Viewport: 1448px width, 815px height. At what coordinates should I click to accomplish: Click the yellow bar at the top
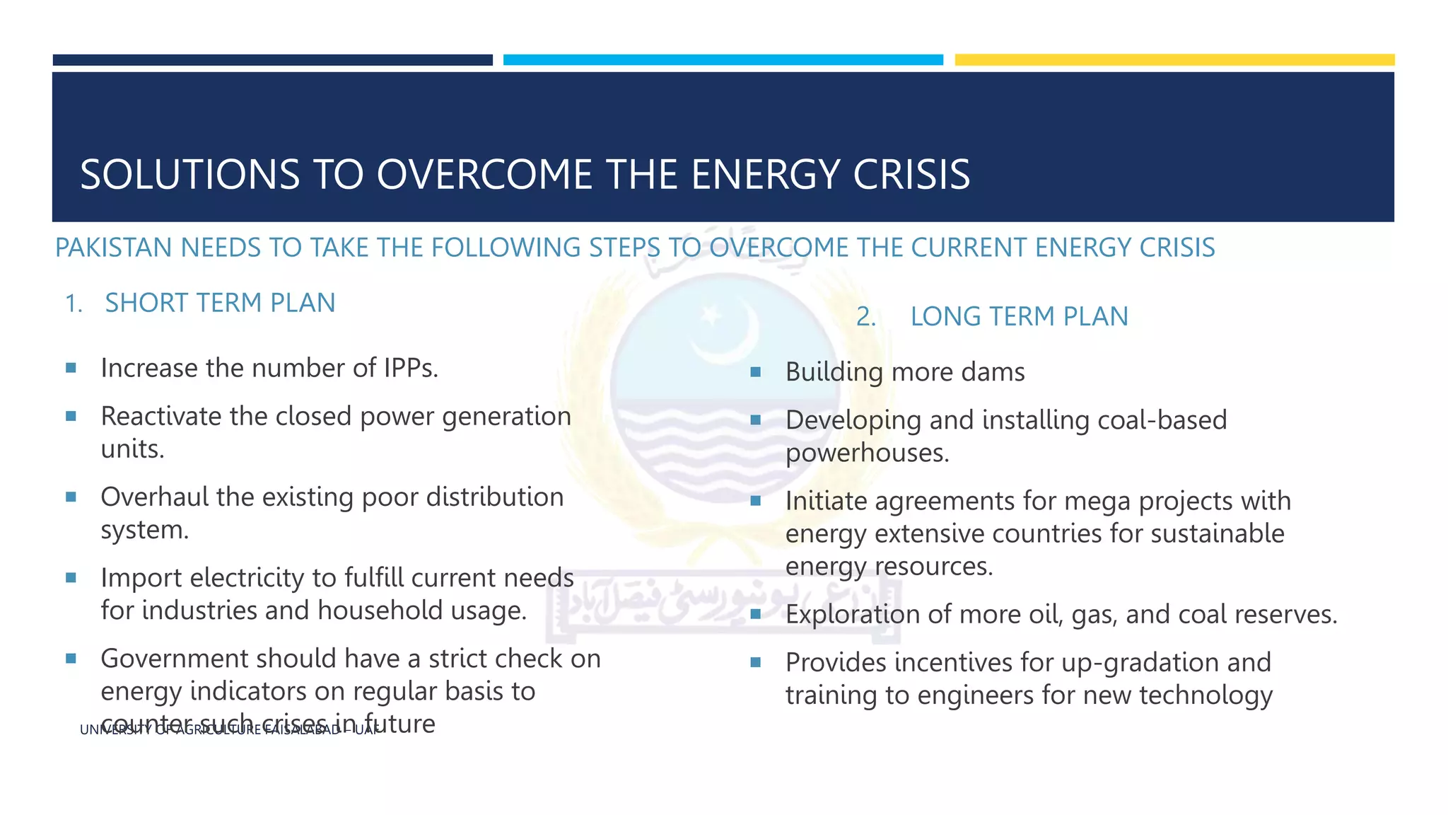(x=1174, y=60)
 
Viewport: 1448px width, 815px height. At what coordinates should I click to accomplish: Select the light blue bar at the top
(x=723, y=60)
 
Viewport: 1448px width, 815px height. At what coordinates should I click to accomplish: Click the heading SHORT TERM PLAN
(x=220, y=304)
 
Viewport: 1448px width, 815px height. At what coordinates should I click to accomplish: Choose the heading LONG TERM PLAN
(x=1019, y=317)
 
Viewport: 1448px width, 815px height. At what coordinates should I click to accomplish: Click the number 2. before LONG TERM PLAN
(x=865, y=317)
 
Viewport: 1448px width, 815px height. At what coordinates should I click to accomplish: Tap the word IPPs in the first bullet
(x=411, y=369)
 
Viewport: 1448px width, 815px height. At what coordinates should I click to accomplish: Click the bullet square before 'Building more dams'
(x=755, y=372)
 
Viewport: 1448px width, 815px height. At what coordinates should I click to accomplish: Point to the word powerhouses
(x=867, y=453)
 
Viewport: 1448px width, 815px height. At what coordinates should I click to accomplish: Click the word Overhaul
(x=154, y=497)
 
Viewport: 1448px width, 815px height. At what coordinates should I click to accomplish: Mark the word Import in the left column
(x=141, y=578)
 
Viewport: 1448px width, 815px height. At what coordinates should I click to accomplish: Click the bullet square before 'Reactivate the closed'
(x=71, y=417)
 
